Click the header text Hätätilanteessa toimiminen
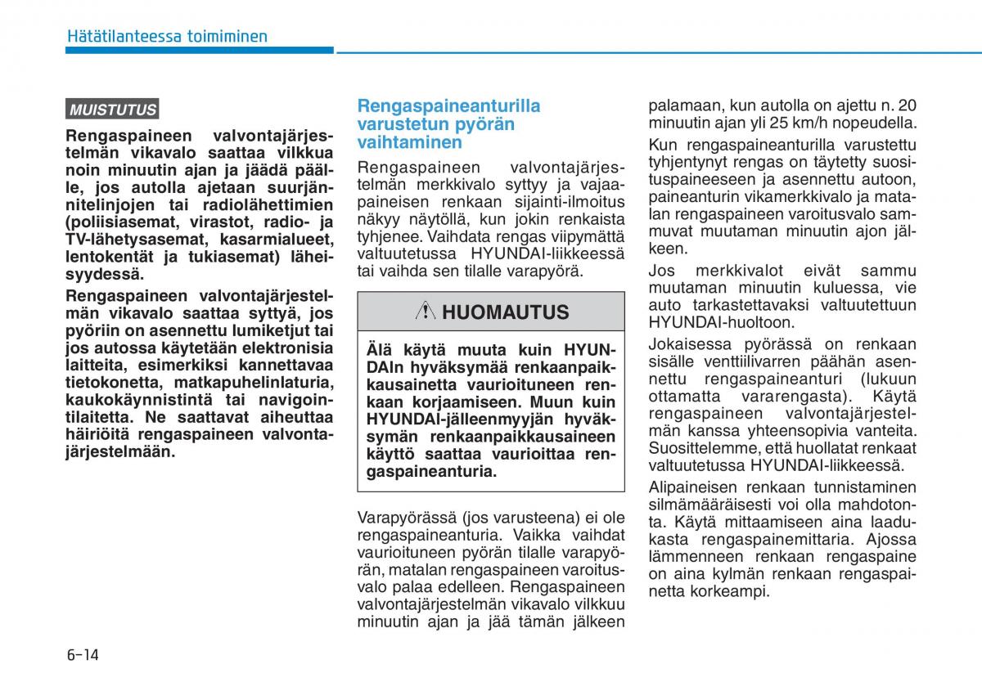pos(167,36)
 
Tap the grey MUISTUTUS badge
pos(112,110)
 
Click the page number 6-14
pos(82,655)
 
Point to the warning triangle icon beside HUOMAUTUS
pos(426,312)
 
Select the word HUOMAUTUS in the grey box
pos(505,312)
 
